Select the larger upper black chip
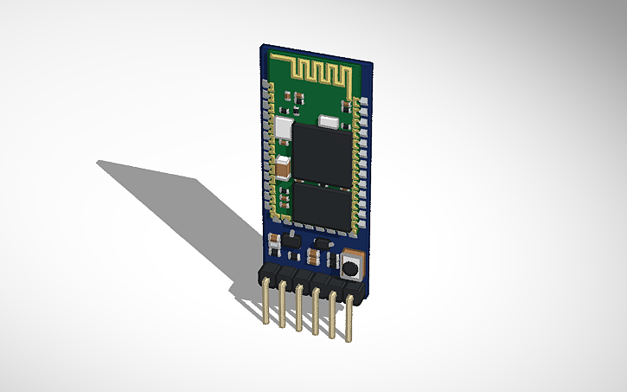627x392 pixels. (322, 153)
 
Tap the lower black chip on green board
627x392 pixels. (323, 206)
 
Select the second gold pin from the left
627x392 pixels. (282, 307)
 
